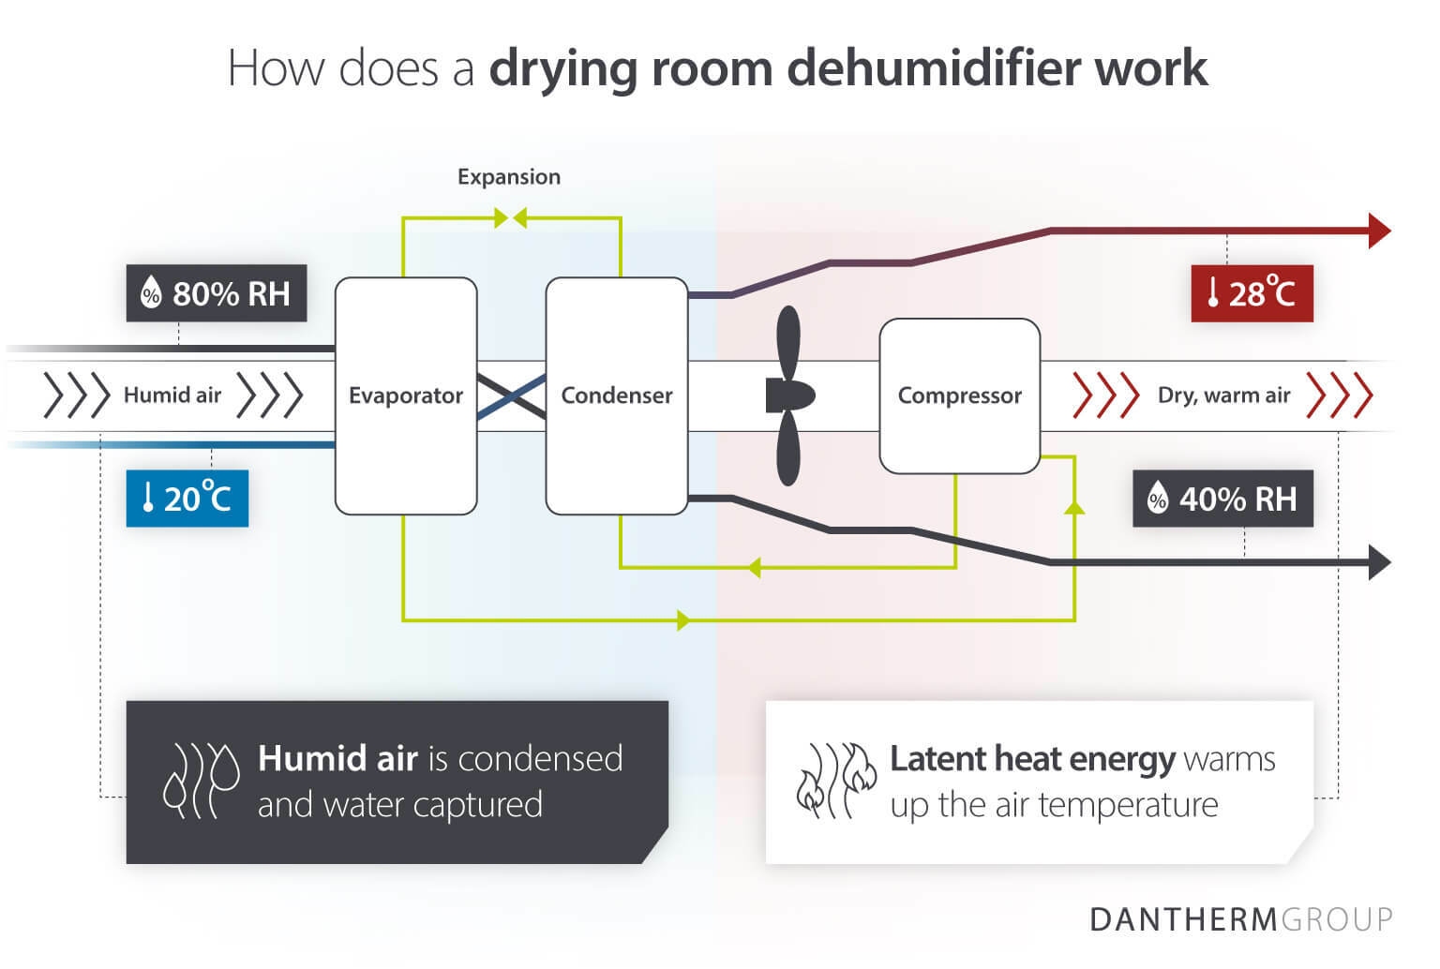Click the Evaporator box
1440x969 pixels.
click(406, 395)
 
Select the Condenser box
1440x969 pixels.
click(617, 395)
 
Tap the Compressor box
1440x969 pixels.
click(959, 395)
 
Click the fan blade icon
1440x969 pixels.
click(788, 395)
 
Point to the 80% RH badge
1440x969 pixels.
click(217, 293)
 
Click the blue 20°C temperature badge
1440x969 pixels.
click(187, 498)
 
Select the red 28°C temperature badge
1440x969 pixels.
click(1252, 293)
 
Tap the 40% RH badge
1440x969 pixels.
click(1222, 499)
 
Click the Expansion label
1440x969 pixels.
click(508, 177)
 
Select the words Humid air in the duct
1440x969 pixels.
click(172, 395)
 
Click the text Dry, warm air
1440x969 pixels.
click(1223, 395)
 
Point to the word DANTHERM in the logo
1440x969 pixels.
click(1183, 919)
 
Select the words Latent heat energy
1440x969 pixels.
click(1031, 758)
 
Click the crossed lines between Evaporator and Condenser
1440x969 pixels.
click(512, 395)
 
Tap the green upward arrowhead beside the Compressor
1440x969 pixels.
click(1074, 507)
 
